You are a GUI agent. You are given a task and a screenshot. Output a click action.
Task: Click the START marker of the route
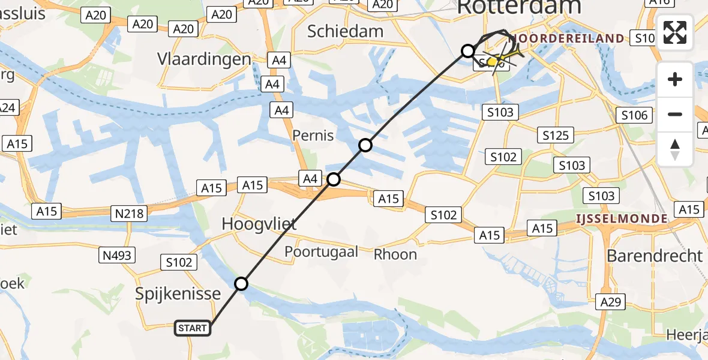193,328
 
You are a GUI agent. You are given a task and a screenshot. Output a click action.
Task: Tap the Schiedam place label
345,31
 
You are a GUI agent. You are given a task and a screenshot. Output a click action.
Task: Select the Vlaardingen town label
204,59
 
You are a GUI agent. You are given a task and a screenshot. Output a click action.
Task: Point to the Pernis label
313,135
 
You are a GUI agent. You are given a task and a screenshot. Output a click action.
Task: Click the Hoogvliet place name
259,224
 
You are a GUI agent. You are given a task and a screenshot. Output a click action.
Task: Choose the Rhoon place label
395,254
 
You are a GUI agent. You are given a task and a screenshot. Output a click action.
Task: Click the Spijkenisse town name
178,294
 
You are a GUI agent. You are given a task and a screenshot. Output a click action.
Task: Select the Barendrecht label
655,256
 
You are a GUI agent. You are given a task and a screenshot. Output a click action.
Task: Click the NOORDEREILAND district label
567,39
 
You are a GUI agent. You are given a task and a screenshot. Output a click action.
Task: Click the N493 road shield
116,256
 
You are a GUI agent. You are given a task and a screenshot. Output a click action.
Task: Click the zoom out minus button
675,114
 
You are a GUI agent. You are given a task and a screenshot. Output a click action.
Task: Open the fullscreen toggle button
675,33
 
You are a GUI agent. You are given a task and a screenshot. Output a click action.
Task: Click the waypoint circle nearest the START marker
241,284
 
